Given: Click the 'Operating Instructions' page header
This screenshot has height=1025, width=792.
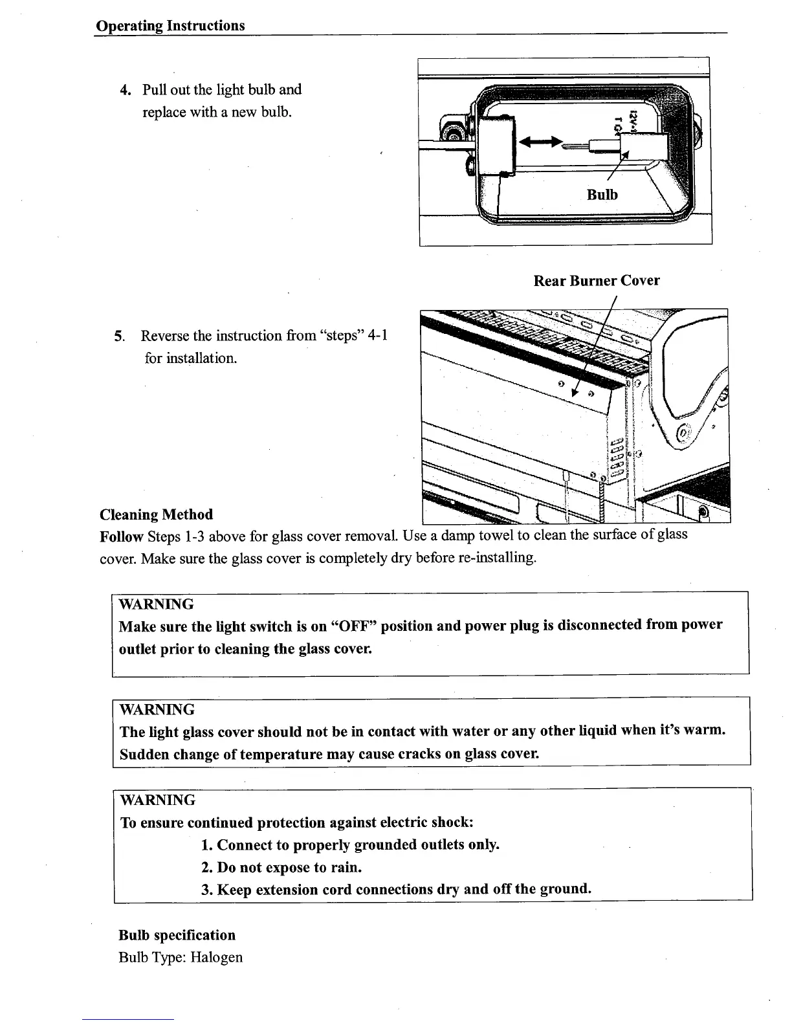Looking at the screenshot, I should [170, 26].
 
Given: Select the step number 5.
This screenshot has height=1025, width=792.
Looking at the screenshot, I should [118, 336].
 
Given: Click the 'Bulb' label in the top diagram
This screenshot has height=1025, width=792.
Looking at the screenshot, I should [602, 195].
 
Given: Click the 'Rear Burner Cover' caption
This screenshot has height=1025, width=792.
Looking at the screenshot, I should [596, 281].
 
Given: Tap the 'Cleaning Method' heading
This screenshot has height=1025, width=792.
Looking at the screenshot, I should [156, 515].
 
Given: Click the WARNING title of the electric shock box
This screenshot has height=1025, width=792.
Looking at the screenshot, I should [157, 800].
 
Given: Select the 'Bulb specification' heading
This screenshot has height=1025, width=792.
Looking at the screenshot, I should [177, 935].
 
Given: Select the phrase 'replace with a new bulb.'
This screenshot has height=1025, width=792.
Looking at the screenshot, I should [217, 112].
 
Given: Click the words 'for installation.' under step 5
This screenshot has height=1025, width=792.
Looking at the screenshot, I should [191, 358].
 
